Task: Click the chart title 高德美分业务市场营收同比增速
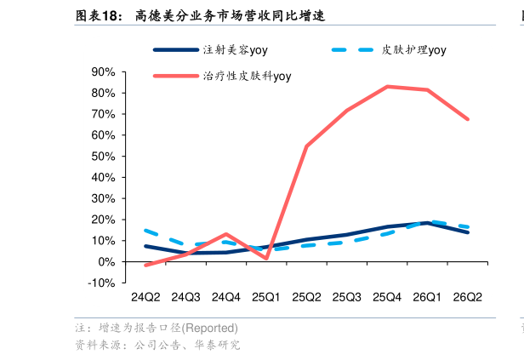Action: (x=230, y=15)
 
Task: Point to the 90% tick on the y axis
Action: (x=103, y=71)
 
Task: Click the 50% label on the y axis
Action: (x=103, y=156)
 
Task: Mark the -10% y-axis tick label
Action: (x=101, y=283)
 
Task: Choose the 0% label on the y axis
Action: (x=106, y=262)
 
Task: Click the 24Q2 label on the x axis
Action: (x=145, y=297)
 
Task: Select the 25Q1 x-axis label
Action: (x=266, y=297)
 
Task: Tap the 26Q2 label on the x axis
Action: (x=468, y=297)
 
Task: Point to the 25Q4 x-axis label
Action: (x=387, y=297)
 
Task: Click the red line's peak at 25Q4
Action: (x=387, y=87)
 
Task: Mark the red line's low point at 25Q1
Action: (x=266, y=258)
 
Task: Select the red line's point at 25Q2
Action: (x=306, y=146)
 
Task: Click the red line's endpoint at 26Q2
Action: (x=468, y=119)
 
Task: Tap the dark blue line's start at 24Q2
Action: (x=145, y=246)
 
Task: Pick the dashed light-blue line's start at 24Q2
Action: (x=145, y=231)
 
